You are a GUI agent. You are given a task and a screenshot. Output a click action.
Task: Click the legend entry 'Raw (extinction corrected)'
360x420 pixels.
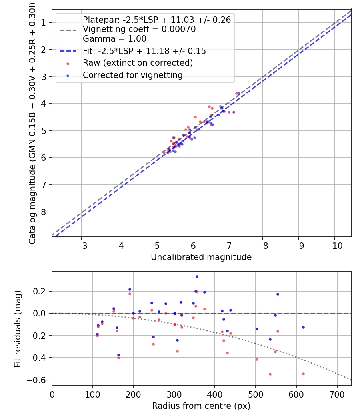[138, 63]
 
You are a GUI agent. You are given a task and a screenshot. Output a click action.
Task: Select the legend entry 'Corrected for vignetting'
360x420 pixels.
[132, 75]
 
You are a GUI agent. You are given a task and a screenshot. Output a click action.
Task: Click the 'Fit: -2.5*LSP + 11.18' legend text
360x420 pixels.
[144, 51]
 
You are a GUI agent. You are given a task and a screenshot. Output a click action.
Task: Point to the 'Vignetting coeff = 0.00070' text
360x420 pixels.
[139, 29]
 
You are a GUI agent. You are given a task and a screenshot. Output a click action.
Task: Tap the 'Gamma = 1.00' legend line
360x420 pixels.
[114, 39]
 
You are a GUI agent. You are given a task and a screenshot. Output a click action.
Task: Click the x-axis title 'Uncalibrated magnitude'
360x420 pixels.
[201, 257]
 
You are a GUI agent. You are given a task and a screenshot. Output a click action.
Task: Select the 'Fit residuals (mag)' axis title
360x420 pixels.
[17, 328]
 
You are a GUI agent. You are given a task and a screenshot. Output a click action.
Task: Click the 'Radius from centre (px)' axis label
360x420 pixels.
[201, 406]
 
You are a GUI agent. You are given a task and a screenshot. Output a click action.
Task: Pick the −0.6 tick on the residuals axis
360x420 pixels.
[40, 380]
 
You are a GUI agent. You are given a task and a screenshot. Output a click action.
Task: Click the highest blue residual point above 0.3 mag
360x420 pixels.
[197, 276]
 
